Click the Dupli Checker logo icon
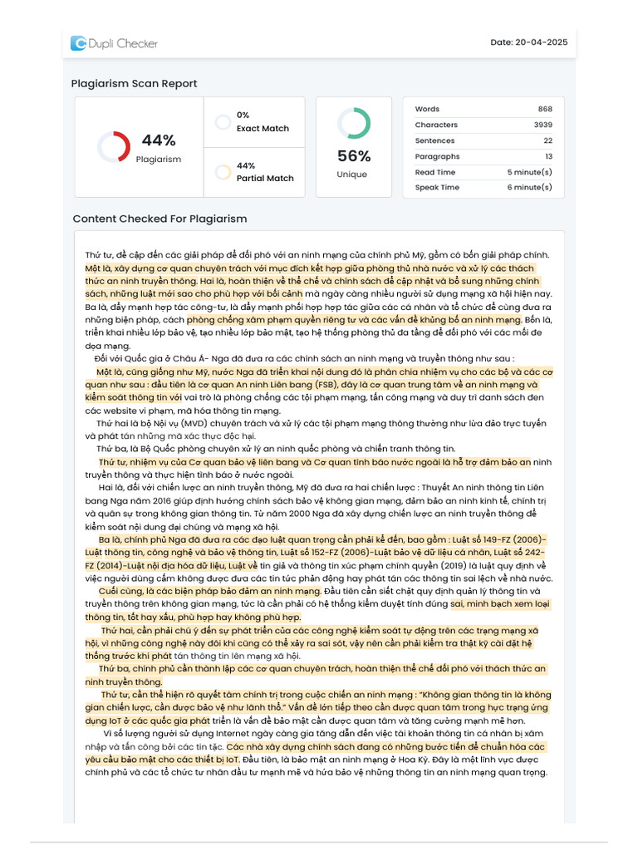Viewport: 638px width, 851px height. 78,43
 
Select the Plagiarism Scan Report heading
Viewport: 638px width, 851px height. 134,83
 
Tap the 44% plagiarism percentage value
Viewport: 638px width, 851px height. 158,140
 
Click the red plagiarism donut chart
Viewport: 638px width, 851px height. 113,147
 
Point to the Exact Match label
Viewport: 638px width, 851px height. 263,129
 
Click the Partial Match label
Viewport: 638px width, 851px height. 265,178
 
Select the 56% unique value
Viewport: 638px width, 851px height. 354,156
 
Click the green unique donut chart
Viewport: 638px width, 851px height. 354,123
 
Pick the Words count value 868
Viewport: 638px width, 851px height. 544,109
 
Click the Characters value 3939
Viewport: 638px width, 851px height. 542,125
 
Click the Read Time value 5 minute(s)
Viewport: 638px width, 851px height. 529,172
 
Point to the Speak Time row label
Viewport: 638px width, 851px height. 437,188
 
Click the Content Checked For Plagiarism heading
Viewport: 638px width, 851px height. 159,219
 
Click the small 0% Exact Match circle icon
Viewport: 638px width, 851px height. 223,122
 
